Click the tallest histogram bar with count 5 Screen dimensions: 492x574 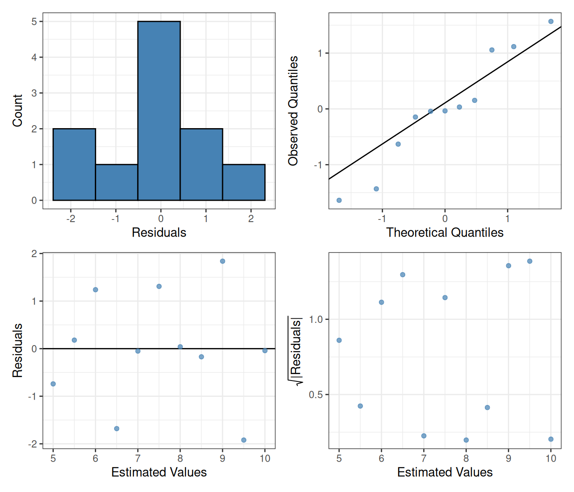159,111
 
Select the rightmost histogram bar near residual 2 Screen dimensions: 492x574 244,182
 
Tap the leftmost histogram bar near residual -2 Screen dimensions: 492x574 74,164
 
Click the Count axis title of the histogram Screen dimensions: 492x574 18,111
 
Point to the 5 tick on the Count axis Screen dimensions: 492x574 35,21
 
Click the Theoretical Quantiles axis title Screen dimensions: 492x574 445,232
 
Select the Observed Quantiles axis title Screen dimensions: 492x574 293,111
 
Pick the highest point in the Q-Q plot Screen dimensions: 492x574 551,21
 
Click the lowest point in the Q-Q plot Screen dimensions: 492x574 339,200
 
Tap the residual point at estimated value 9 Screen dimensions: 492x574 223,261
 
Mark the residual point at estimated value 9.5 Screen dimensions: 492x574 244,440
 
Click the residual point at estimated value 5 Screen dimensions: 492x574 53,384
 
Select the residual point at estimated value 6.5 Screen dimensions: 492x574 117,428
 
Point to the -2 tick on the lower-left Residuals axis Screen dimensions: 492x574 33,444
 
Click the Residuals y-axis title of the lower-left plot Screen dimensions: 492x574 18,350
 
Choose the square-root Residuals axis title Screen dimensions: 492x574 295,350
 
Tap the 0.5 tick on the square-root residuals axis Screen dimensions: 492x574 316,395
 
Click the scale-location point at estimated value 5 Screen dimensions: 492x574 339,340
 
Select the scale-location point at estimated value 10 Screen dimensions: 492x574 551,439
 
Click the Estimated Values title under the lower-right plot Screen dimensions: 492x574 445,472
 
